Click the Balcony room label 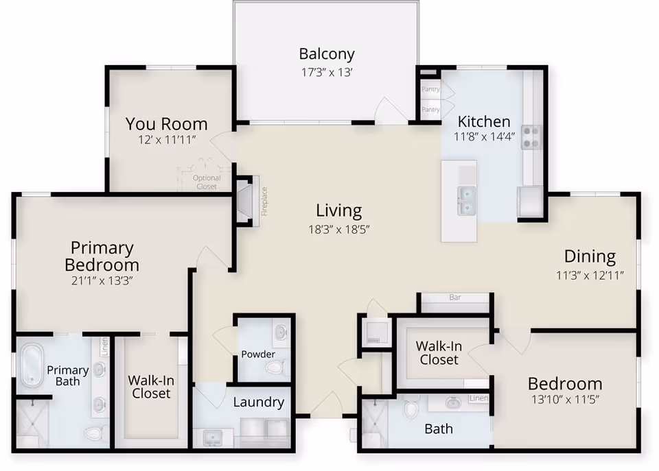[x=327, y=54]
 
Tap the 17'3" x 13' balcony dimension [x=327, y=72]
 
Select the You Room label [x=166, y=124]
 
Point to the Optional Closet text [x=207, y=182]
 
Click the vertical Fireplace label [x=264, y=202]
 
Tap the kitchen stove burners [x=531, y=137]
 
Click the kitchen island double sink [x=467, y=201]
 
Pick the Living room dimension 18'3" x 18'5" [x=338, y=229]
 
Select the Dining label [x=590, y=256]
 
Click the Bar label [x=455, y=298]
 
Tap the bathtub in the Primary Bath [x=32, y=365]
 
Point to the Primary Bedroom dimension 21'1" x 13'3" [x=102, y=280]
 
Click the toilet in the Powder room [x=276, y=367]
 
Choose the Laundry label [x=259, y=402]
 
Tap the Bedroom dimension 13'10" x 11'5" [x=565, y=399]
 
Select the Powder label [x=258, y=354]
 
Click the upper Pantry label [x=430, y=89]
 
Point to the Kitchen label [x=484, y=121]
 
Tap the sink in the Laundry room [x=213, y=438]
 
